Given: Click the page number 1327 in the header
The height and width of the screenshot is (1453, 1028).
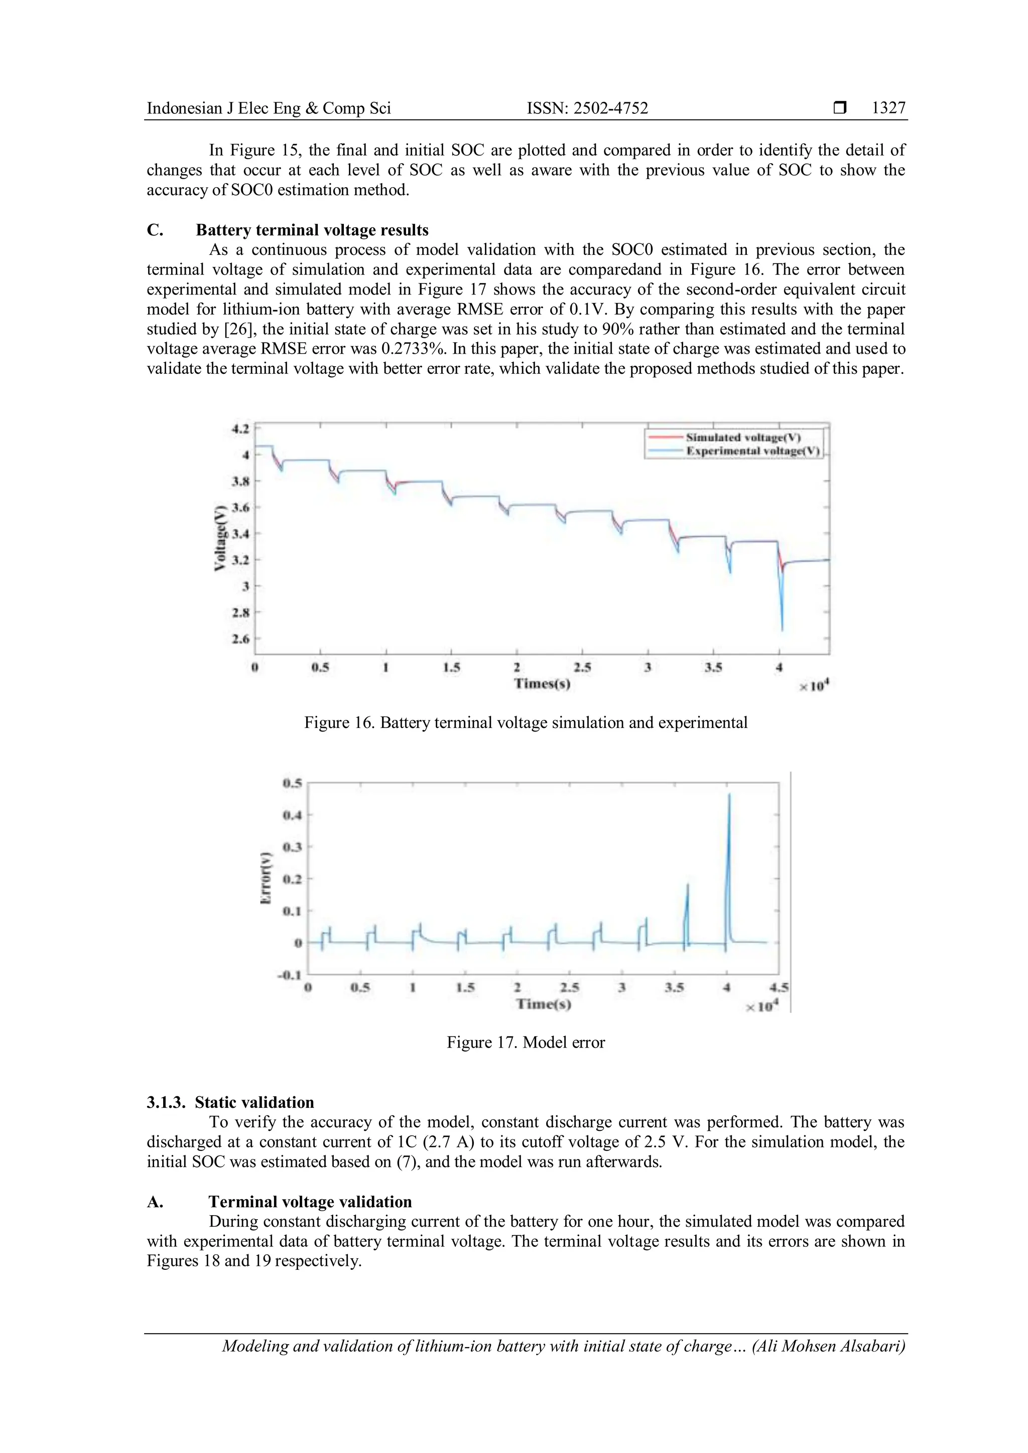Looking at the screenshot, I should click(x=888, y=108).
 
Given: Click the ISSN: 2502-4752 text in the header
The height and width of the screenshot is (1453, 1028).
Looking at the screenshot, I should click(x=587, y=108).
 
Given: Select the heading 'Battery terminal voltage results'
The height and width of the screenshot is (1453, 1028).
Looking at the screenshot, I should click(x=312, y=230).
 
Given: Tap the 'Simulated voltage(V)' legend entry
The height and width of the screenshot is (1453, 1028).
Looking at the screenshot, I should click(x=742, y=438).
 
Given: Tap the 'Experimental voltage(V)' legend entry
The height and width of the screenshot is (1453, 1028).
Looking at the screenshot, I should click(x=752, y=451).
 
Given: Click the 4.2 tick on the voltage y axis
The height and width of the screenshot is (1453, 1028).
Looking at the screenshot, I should click(x=241, y=428).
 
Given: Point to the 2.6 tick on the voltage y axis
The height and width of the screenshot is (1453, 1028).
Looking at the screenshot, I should click(x=241, y=639).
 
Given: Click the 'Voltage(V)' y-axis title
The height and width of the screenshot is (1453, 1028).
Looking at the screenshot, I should click(x=220, y=538).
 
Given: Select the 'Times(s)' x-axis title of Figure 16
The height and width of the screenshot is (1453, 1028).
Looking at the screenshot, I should click(x=542, y=683).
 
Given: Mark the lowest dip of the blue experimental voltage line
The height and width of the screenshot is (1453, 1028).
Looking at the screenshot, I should click(x=783, y=630).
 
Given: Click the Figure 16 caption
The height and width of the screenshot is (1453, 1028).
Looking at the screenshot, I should click(x=526, y=722).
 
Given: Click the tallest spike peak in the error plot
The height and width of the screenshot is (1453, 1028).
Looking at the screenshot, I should click(x=729, y=795).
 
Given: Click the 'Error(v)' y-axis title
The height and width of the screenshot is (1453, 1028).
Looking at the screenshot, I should click(x=267, y=877).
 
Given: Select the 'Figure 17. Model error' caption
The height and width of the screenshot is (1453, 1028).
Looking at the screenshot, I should click(x=526, y=1042).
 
